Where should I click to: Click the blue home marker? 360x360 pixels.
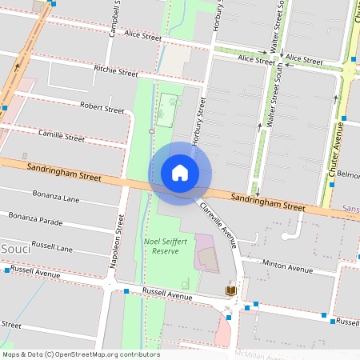click(180, 173)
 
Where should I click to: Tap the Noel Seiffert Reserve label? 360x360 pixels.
click(166, 246)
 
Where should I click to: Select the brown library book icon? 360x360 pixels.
click(231, 290)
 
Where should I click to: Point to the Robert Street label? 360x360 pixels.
click(103, 107)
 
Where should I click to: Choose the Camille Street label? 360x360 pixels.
click(62, 137)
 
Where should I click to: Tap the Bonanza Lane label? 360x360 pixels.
click(34, 195)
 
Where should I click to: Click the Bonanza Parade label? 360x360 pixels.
click(35, 216)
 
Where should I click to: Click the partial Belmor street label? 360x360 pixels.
click(349, 174)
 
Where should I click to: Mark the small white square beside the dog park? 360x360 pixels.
click(151, 130)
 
